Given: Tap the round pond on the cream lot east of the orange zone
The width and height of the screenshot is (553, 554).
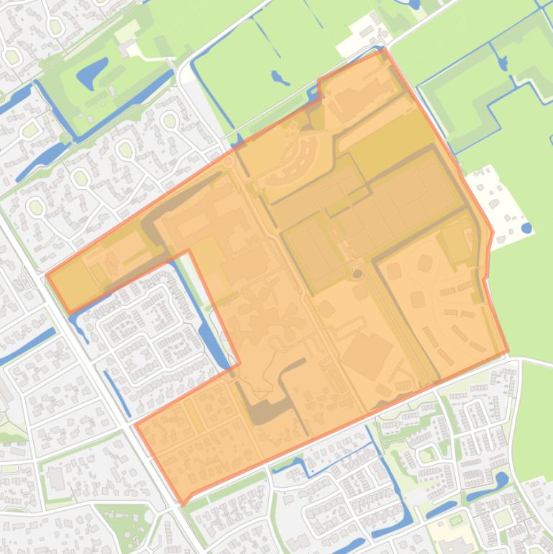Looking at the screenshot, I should click(527, 229).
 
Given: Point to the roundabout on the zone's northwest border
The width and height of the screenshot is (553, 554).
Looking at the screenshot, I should click(229, 161).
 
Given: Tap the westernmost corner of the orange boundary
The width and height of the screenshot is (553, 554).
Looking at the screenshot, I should click(47, 275).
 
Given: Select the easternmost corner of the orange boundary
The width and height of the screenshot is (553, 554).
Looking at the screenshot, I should click(508, 352).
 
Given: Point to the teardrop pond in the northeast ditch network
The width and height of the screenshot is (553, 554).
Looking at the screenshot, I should click(502, 63).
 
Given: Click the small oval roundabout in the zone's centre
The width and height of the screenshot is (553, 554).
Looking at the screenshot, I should click(357, 274).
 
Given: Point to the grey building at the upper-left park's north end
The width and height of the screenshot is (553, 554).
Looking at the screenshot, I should click(128, 32).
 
